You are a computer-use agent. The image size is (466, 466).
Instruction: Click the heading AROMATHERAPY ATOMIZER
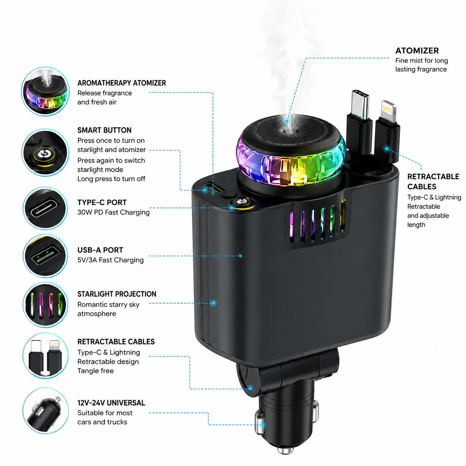click(x=122, y=83)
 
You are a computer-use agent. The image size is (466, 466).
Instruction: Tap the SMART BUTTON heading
click(x=104, y=130)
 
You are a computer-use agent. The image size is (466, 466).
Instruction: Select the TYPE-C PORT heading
click(x=102, y=203)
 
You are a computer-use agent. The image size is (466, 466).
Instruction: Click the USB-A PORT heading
click(x=100, y=250)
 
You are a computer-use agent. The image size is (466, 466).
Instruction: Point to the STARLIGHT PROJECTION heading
click(x=117, y=294)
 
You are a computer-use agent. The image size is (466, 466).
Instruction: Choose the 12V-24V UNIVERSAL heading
click(x=111, y=403)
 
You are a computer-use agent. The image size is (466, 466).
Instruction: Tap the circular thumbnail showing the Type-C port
click(x=45, y=208)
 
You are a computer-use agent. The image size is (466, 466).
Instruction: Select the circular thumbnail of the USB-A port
click(x=45, y=256)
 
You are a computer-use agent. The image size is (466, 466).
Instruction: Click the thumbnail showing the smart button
click(x=45, y=153)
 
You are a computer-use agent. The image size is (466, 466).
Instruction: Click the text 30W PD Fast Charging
click(x=113, y=212)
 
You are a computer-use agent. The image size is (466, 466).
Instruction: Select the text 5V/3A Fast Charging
click(x=110, y=260)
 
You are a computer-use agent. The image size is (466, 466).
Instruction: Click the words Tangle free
click(x=96, y=371)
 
